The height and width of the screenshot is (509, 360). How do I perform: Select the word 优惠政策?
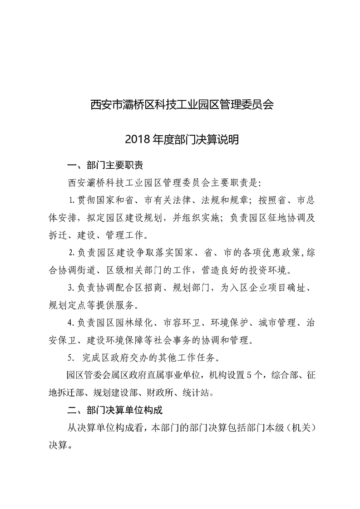coord(276,253)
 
